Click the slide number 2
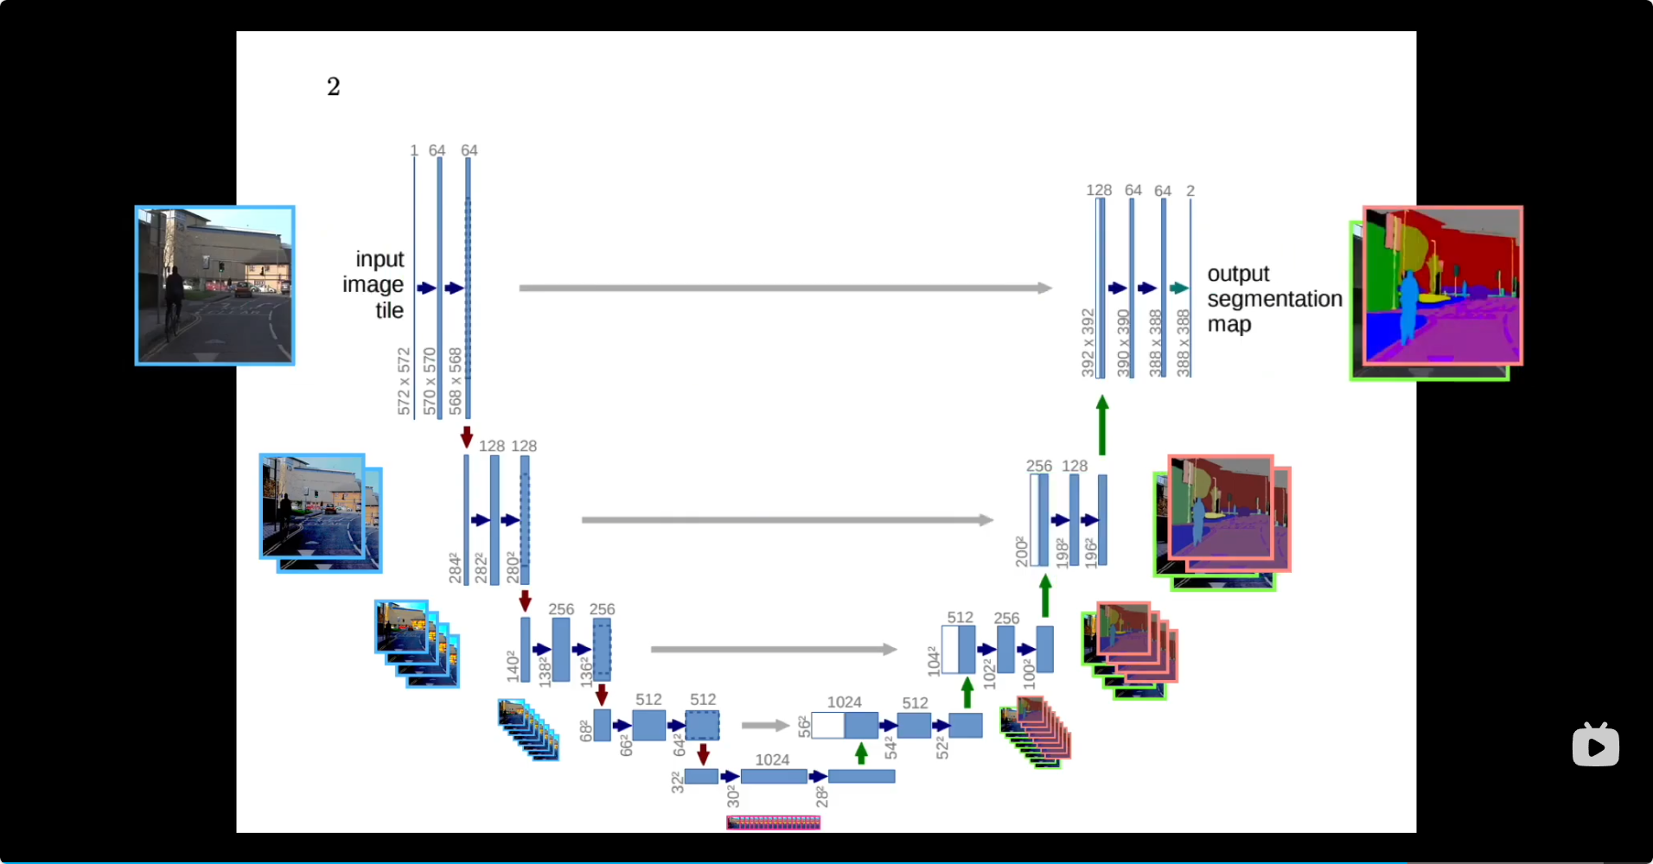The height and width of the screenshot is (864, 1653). click(x=334, y=86)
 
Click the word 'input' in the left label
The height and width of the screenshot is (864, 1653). click(x=380, y=259)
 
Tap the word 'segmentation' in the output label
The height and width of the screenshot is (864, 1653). click(x=1274, y=299)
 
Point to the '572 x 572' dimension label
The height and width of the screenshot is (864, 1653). click(x=404, y=381)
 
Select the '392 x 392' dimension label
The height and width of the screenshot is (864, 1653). click(x=1088, y=342)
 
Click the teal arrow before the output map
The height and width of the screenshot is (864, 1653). click(x=1178, y=289)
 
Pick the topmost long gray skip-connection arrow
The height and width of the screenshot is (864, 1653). click(x=785, y=288)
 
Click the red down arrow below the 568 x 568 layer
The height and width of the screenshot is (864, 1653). click(x=467, y=436)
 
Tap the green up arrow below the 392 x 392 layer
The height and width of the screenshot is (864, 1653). click(x=1102, y=424)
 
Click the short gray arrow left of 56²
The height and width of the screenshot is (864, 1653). click(x=765, y=726)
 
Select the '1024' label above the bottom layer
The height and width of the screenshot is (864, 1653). click(x=772, y=759)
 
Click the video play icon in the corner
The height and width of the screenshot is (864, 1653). click(x=1596, y=745)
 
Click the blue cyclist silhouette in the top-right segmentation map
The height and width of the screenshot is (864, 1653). click(x=1409, y=307)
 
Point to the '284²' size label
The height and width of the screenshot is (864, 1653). click(x=455, y=569)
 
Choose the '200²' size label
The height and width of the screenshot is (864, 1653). click(x=1022, y=551)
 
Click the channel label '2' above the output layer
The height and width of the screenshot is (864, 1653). click(x=1190, y=191)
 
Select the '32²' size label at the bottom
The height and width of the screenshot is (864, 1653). click(x=677, y=783)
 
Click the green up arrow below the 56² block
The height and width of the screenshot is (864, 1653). click(x=861, y=753)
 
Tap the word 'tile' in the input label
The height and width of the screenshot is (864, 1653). click(x=389, y=311)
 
